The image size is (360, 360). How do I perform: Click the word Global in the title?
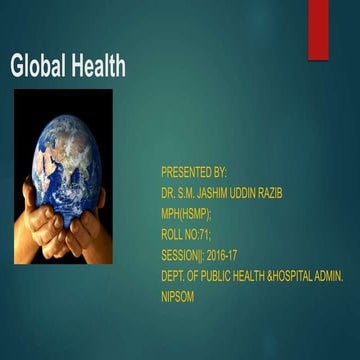pyautogui.click(x=36, y=68)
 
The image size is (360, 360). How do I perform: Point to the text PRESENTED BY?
pyautogui.click(x=194, y=172)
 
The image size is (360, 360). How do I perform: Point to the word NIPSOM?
pyautogui.click(x=178, y=269)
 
